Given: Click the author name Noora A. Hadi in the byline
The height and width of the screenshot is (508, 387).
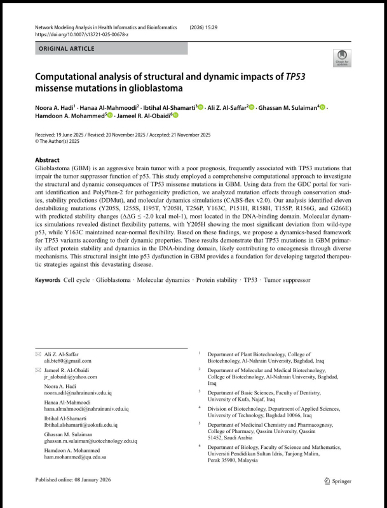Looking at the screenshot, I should point(55,108).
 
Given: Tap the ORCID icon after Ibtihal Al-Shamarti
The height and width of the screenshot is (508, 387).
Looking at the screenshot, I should point(201,108).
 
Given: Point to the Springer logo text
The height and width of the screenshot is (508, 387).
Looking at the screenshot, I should point(341,481).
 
